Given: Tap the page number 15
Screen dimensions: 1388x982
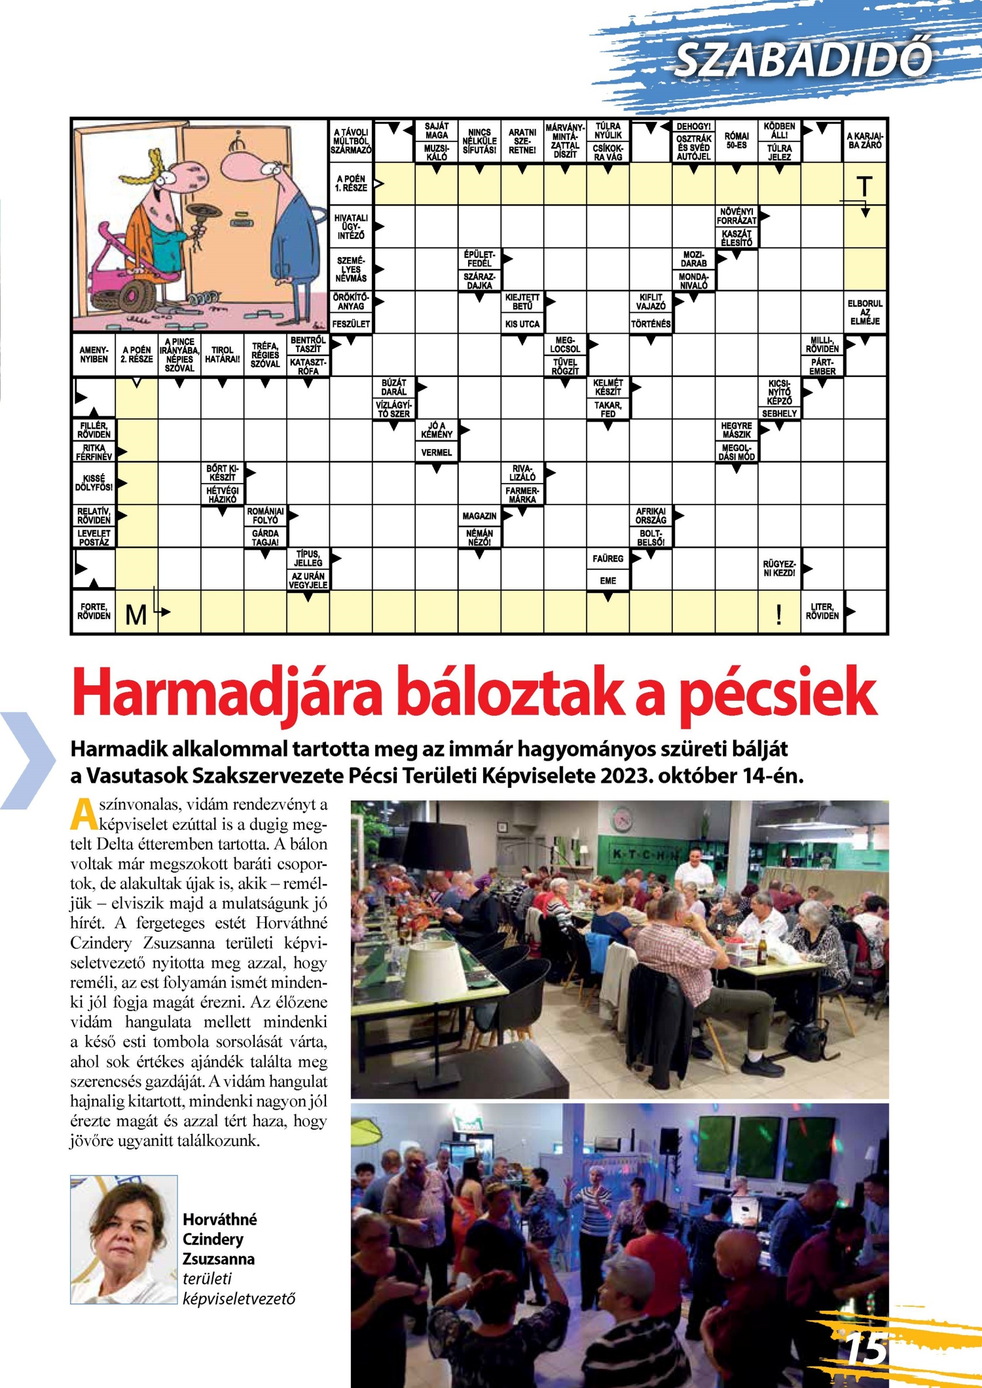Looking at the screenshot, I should (865, 1349).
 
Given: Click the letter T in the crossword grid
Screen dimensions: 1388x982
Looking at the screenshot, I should (864, 187).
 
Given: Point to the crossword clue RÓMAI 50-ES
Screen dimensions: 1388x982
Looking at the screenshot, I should (736, 140).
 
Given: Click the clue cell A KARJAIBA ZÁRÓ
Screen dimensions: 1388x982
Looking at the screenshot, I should (865, 141).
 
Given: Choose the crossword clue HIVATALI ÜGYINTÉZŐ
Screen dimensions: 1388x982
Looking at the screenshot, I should (351, 226).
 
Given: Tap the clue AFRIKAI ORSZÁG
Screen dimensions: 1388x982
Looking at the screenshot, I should (651, 516).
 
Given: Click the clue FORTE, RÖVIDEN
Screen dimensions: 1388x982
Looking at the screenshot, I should (94, 611).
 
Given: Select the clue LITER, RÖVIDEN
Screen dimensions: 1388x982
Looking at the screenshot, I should (822, 611).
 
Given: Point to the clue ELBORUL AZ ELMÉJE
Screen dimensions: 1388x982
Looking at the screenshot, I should (865, 312).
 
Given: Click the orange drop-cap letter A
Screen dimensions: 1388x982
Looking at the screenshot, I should (83, 813).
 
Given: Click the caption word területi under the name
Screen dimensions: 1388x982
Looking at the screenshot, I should (208, 1278).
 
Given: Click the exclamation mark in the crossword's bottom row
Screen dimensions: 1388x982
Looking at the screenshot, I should (778, 614).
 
